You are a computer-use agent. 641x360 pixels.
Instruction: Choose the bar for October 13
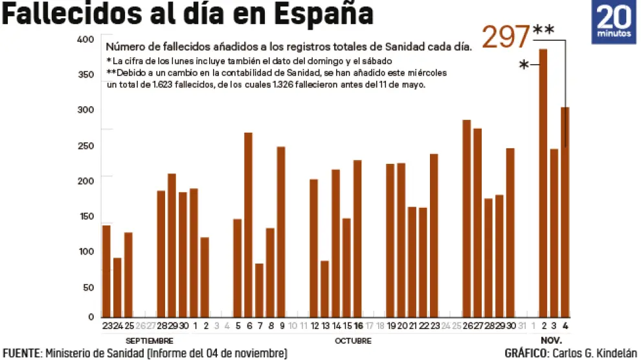324,289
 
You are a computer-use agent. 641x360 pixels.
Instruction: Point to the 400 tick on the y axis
85,40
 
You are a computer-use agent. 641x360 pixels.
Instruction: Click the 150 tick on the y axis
85,216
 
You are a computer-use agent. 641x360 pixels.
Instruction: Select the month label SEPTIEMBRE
150,341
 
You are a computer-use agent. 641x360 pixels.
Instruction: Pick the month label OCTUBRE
353,341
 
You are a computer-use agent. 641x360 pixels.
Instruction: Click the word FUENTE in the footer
21,354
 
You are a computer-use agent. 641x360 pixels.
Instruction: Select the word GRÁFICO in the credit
527,354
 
